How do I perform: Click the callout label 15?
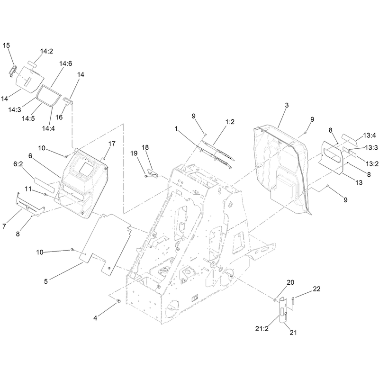point(6,45)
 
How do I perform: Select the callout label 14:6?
point(65,63)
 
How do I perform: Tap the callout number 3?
point(287,105)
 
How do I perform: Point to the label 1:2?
point(230,122)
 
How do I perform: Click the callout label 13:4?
point(370,135)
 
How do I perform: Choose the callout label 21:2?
point(262,328)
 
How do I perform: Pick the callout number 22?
point(316,289)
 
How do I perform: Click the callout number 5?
point(45,281)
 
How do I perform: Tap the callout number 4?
point(95,318)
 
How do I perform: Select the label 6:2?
point(18,164)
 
